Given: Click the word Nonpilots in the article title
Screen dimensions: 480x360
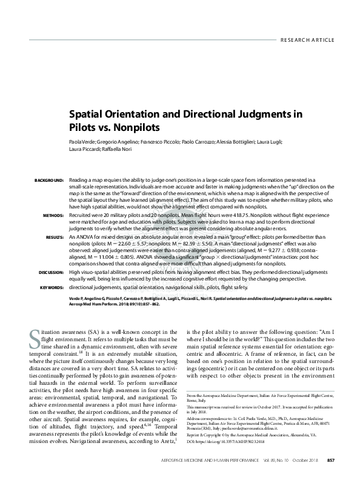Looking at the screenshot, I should pos(135,128).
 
